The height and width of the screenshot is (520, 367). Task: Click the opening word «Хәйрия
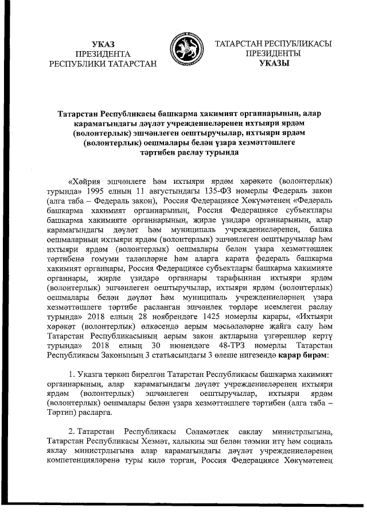coord(87,179)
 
